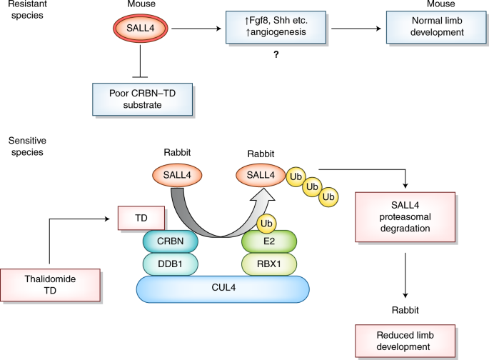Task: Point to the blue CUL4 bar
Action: [223, 290]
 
